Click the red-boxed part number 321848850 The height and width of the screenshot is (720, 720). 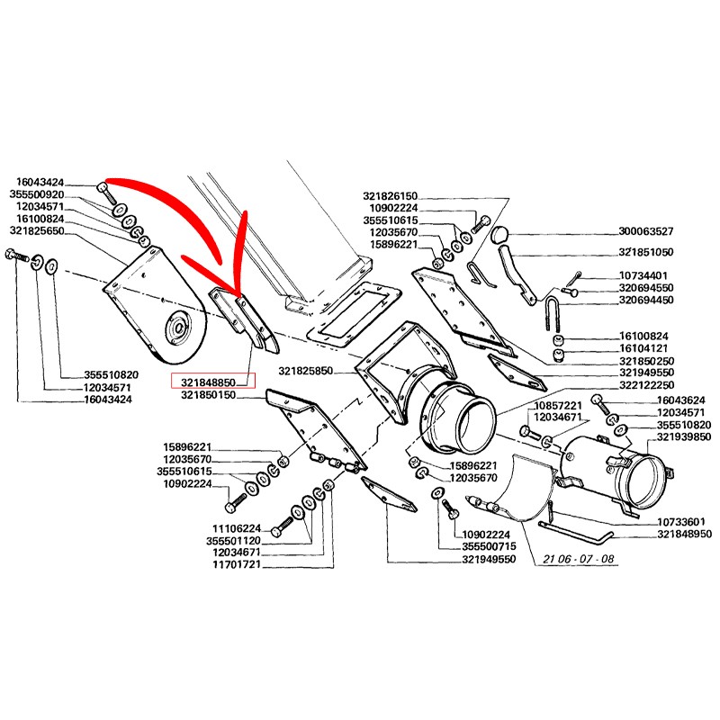(x=213, y=381)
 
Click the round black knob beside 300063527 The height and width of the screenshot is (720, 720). (x=500, y=236)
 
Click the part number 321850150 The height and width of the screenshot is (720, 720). (x=208, y=394)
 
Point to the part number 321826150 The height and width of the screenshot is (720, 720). (x=391, y=195)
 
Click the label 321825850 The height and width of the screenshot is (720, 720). (x=306, y=371)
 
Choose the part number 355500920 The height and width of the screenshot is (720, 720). (x=37, y=193)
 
